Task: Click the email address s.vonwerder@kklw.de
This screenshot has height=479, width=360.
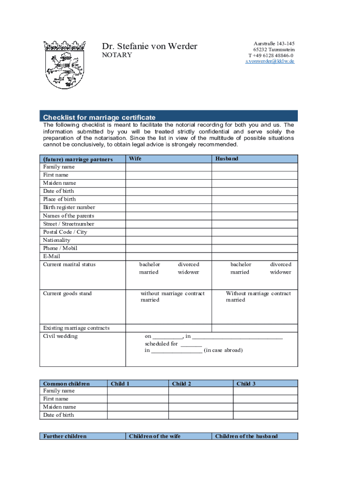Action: pyautogui.click(x=270, y=61)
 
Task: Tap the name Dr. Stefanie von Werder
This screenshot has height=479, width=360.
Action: pyautogui.click(x=150, y=46)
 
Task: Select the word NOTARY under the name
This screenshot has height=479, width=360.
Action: pyautogui.click(x=117, y=55)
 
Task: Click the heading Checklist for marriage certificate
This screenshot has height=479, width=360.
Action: pyautogui.click(x=99, y=117)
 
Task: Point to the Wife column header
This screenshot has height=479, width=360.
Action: pyautogui.click(x=135, y=159)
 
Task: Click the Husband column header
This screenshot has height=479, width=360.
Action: pyautogui.click(x=227, y=159)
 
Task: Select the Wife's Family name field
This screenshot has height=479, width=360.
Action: pyautogui.click(x=168, y=167)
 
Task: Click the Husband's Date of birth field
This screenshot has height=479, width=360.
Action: pyautogui.click(x=255, y=191)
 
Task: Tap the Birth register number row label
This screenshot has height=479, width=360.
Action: pyautogui.click(x=69, y=207)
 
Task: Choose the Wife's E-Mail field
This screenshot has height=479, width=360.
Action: pyautogui.click(x=168, y=256)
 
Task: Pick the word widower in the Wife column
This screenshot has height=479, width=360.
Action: pyautogui.click(x=188, y=272)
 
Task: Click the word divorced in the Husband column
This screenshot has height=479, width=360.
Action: pyautogui.click(x=281, y=264)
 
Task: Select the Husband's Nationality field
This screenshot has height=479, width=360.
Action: pyautogui.click(x=255, y=240)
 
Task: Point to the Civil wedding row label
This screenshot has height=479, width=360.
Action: pyautogui.click(x=60, y=336)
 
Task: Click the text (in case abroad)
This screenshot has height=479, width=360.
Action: pyautogui.click(x=223, y=350)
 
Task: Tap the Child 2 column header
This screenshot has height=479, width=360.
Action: pyautogui.click(x=182, y=384)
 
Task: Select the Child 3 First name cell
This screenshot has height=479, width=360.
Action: pyautogui.click(x=265, y=399)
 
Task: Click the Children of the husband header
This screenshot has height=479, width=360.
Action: pyautogui.click(x=246, y=436)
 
